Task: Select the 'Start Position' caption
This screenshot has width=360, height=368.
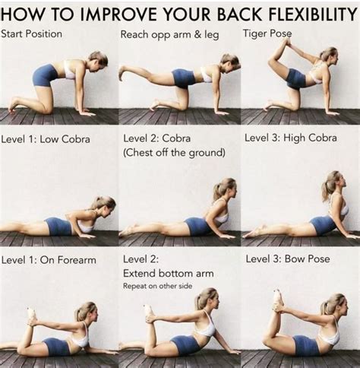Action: pos(32,34)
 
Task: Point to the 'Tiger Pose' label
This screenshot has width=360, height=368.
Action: pos(267,34)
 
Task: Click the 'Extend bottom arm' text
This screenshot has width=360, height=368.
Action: pos(168,273)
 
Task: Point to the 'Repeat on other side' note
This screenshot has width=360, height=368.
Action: pos(159,287)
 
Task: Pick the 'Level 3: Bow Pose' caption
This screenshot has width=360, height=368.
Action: pos(288,259)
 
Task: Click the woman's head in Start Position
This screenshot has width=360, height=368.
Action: pos(96,60)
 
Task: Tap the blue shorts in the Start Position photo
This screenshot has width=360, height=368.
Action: pos(45,75)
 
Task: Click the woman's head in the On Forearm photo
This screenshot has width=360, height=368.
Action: pos(85,312)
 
